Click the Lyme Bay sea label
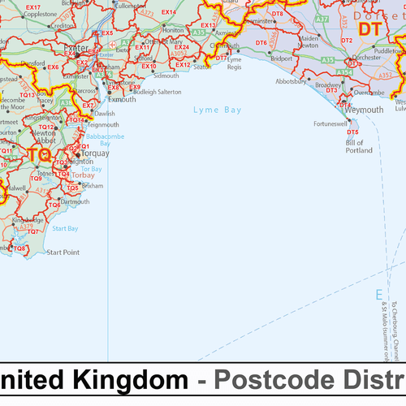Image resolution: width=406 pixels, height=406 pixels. point(217,108)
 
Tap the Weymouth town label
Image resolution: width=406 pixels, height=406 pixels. point(364,110)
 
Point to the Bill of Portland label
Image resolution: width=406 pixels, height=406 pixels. point(359,147)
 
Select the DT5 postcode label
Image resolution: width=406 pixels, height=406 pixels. point(352,132)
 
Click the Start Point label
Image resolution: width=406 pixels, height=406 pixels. point(63,253)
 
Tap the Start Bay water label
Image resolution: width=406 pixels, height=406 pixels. point(65,229)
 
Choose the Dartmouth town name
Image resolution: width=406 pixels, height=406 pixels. point(75,201)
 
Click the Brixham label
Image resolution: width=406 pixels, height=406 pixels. point(93,186)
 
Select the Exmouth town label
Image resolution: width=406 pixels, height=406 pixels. point(122,99)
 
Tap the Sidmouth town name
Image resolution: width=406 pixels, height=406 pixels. point(165,76)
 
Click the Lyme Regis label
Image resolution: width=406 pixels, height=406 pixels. point(235,63)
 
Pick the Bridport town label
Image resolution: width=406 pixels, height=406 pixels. point(281,59)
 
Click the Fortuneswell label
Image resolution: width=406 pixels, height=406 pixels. point(330,123)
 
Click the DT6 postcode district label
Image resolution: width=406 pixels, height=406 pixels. point(261,42)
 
